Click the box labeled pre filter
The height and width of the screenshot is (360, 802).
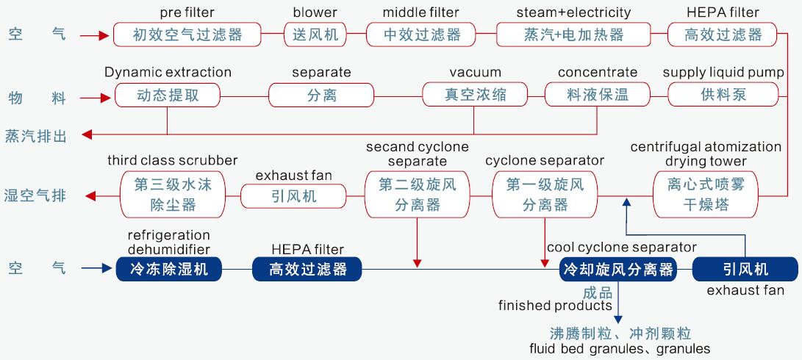pos(187,35)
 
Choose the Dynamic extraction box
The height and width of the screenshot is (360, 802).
pos(168,95)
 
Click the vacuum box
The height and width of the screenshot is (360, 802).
pos(476,95)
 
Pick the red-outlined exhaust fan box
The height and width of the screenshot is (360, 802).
pos(293,195)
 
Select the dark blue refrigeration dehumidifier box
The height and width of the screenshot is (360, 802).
pos(168,270)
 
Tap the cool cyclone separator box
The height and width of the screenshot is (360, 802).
pos(617,270)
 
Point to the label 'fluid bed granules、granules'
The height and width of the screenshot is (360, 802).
pos(620,348)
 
